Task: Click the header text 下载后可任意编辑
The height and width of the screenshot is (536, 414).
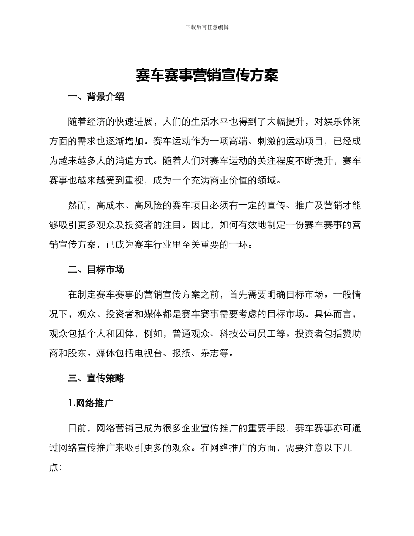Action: tap(207, 27)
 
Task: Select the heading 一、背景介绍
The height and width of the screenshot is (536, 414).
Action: tap(96, 97)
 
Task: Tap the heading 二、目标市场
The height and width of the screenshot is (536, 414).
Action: tap(96, 270)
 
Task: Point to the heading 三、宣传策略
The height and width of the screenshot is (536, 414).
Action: tap(96, 378)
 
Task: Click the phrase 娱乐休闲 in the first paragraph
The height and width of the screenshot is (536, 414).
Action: tap(341, 122)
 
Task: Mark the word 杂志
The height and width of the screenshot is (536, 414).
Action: tap(210, 353)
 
